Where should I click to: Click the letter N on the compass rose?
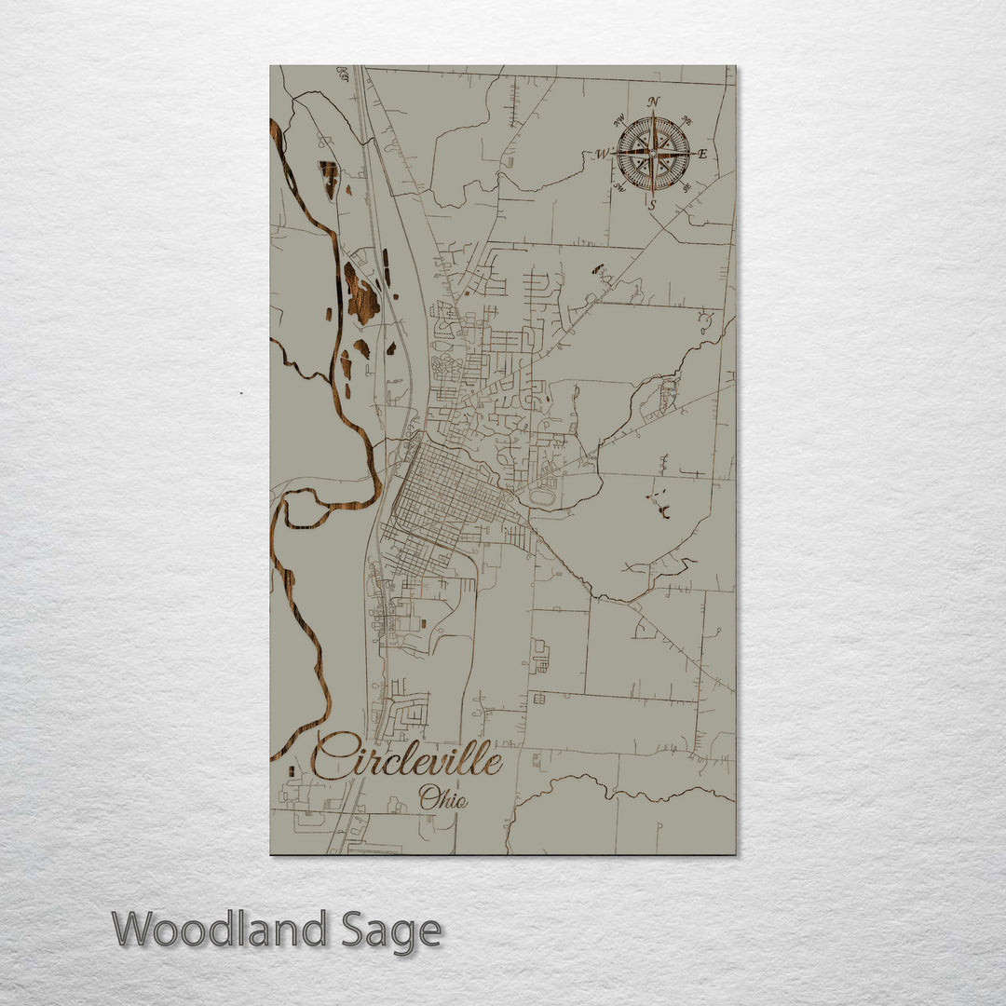coord(654,102)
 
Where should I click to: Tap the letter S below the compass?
coord(652,203)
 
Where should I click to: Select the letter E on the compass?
coord(702,154)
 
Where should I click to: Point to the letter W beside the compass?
coord(603,154)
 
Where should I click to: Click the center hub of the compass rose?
coord(653,152)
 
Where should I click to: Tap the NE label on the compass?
coord(688,119)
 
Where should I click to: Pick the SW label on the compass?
coord(619,189)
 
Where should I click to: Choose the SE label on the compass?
coord(687,188)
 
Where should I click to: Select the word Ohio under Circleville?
coord(442,798)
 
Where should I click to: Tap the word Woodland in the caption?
coord(220,931)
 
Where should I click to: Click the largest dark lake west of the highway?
coord(360,296)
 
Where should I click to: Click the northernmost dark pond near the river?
coord(328,178)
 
